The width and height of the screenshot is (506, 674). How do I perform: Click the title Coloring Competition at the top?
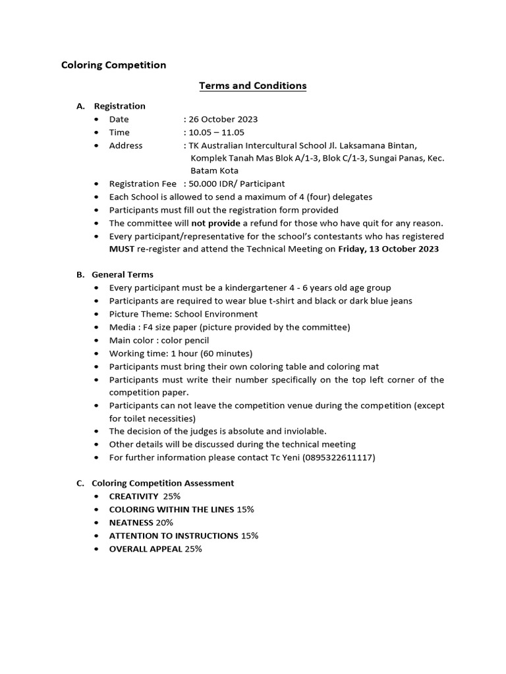click(x=113, y=65)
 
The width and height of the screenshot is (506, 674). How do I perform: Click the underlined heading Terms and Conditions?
click(x=253, y=86)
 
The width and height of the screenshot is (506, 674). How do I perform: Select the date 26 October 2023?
click(x=223, y=119)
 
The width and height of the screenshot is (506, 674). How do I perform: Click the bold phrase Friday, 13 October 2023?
click(x=388, y=249)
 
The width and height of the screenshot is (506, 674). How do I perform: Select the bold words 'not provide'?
click(x=215, y=223)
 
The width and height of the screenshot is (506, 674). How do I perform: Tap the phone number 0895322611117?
click(x=339, y=457)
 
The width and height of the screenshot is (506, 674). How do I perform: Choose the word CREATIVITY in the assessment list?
click(x=134, y=496)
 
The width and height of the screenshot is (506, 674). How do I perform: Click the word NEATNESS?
click(x=131, y=523)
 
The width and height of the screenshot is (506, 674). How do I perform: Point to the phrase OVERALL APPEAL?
click(x=146, y=548)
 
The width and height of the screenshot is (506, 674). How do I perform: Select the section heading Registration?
click(x=119, y=106)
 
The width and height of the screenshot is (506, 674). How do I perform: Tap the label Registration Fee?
click(x=142, y=184)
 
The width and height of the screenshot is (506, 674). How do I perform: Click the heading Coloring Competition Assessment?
click(x=163, y=483)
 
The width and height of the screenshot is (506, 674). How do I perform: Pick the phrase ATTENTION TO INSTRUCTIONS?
click(x=173, y=536)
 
